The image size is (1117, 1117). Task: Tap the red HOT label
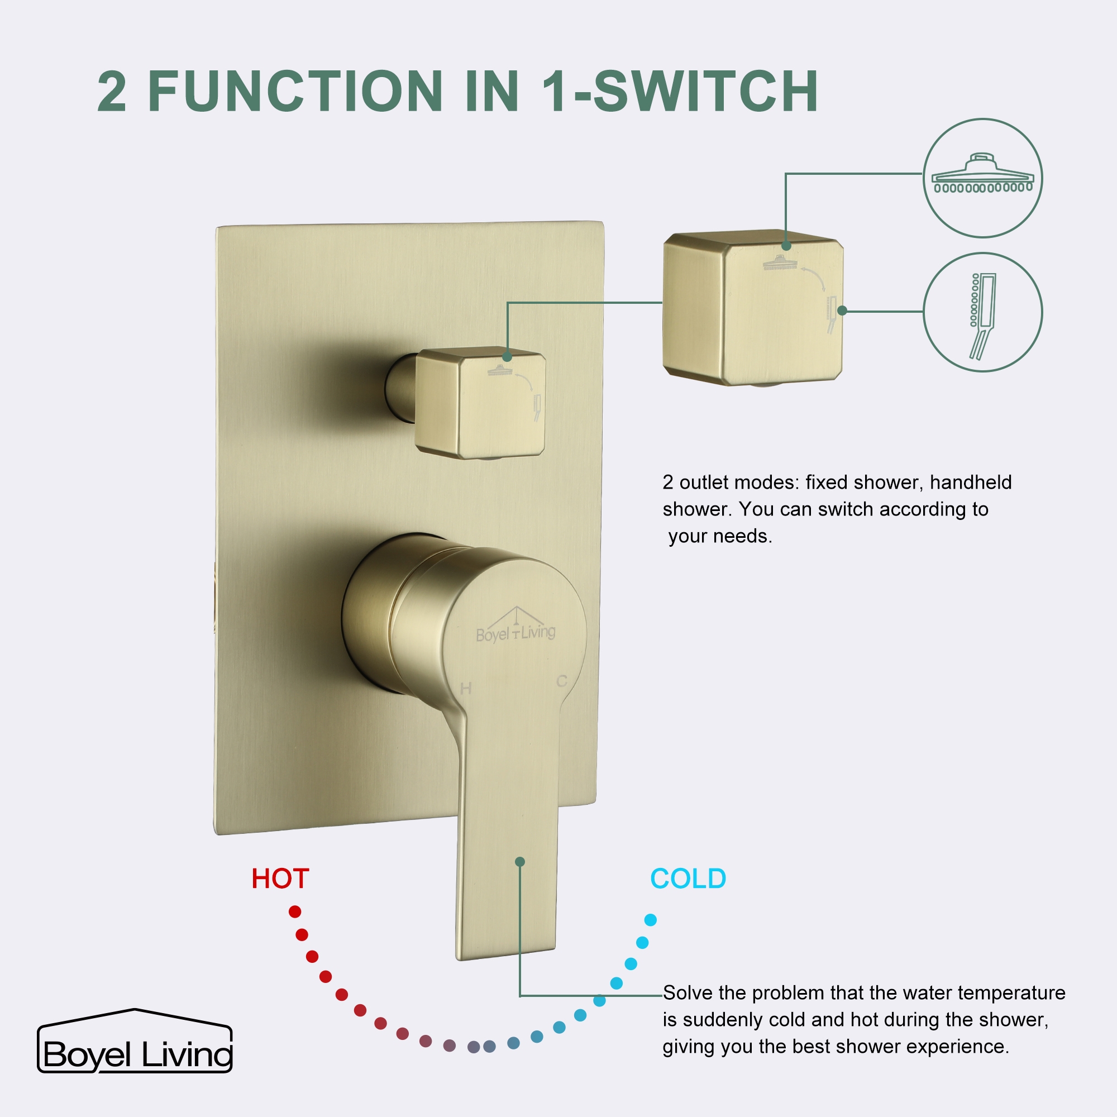tap(280, 879)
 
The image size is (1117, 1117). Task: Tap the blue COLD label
tap(688, 879)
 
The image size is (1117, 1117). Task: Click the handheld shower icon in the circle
tap(983, 315)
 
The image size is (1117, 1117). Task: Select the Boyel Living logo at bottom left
tap(135, 1049)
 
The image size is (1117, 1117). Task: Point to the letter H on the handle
tap(466, 689)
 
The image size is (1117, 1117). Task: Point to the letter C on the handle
tap(561, 681)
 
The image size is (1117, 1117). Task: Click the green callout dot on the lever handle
tap(520, 862)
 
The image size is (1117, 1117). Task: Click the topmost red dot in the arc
tap(295, 912)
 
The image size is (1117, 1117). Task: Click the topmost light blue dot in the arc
tap(651, 920)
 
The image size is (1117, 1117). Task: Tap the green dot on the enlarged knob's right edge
tap(842, 311)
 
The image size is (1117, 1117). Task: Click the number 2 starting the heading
tap(112, 93)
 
